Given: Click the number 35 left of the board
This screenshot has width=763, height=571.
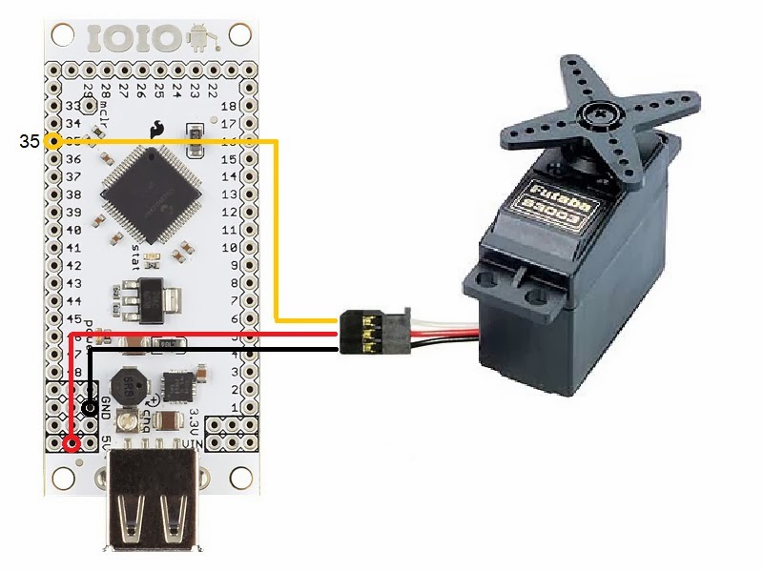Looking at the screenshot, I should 30,142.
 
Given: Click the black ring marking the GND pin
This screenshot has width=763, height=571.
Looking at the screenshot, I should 90,408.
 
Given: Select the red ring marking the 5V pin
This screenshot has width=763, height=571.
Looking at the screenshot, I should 71,443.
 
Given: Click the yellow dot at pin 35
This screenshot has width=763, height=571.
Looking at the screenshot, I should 54,142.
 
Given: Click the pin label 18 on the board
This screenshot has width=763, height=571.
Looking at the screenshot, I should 228,106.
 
